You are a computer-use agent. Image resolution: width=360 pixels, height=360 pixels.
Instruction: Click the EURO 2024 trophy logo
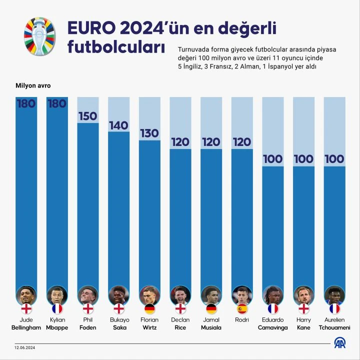(40, 36)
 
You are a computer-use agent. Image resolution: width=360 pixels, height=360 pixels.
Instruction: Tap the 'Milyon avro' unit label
(32, 85)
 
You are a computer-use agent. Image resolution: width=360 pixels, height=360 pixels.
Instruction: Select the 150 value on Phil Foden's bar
(87, 116)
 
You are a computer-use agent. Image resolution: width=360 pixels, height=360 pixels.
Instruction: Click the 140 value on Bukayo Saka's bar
(118, 125)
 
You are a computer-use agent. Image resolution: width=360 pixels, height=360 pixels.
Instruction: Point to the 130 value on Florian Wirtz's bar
(149, 133)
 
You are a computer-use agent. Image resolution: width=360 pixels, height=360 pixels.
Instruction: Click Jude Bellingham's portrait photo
(26, 295)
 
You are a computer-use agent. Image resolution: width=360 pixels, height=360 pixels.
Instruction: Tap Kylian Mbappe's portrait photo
(57, 295)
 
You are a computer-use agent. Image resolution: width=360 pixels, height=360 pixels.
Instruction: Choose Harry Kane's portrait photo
(303, 295)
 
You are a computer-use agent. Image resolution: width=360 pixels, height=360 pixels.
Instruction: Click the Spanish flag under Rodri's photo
(242, 308)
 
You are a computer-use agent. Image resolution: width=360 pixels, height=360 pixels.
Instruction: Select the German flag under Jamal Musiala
(211, 308)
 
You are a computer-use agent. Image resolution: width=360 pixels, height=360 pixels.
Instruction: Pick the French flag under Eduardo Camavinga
(273, 308)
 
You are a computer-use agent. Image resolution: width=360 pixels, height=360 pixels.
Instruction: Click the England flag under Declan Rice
(180, 308)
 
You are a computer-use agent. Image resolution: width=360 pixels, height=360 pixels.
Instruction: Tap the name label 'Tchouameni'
(334, 328)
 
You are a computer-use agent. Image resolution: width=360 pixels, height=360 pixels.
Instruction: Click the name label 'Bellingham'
(26, 328)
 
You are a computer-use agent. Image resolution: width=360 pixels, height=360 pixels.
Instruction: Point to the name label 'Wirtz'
(149, 328)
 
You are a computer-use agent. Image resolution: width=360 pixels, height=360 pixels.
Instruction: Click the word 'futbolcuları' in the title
(116, 47)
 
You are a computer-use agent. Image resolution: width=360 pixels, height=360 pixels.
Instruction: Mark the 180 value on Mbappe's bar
(57, 104)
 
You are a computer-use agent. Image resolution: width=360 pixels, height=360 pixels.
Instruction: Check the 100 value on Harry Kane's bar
(303, 159)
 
